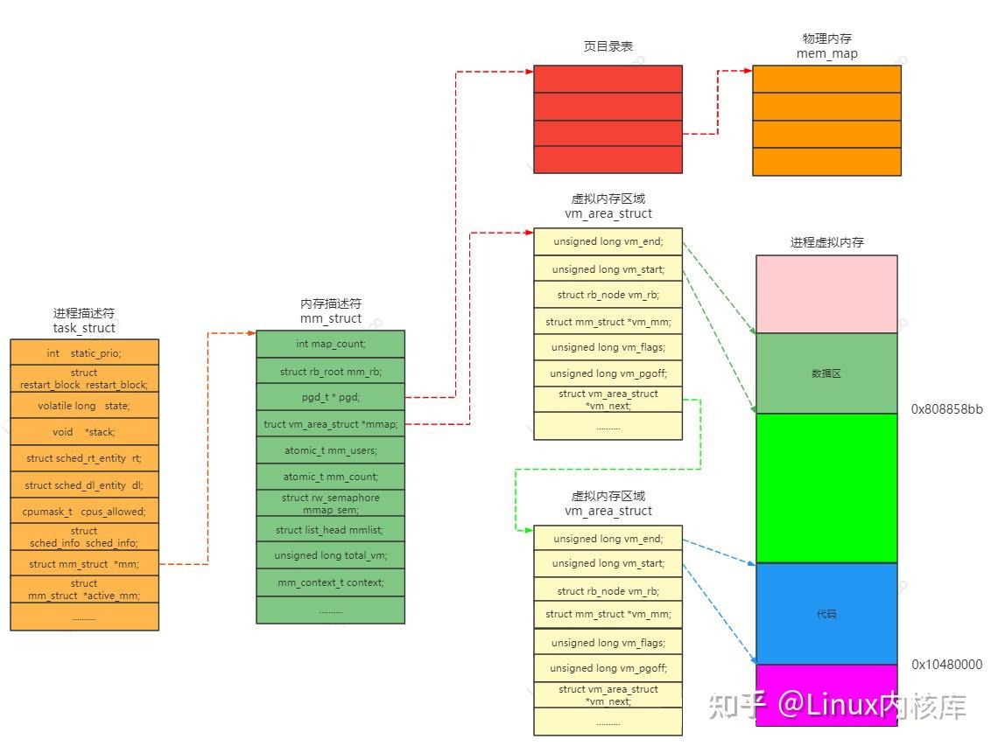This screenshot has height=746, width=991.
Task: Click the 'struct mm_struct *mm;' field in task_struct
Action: click(x=84, y=563)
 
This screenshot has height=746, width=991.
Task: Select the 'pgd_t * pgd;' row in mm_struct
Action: click(x=331, y=397)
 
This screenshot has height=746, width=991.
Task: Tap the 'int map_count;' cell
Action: click(x=331, y=344)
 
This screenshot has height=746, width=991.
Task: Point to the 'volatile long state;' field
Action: click(x=84, y=405)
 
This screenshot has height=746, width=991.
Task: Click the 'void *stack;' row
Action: click(x=84, y=432)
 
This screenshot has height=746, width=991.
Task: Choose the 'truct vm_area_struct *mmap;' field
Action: click(x=331, y=424)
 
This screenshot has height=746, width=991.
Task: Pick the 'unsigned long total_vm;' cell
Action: click(x=331, y=555)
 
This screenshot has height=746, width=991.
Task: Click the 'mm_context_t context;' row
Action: click(x=331, y=582)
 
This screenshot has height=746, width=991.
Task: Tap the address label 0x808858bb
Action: click(x=946, y=409)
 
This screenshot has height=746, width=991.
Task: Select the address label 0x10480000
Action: click(x=946, y=664)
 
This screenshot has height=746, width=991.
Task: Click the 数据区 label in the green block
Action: click(x=826, y=373)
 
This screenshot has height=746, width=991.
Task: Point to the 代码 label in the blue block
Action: click(x=826, y=613)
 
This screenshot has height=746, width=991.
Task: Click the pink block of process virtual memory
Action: click(x=826, y=294)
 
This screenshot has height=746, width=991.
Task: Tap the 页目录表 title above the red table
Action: click(x=608, y=46)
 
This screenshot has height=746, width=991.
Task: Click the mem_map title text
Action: click(x=826, y=53)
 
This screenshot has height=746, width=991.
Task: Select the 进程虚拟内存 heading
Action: click(x=826, y=242)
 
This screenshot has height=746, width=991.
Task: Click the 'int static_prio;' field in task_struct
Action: click(x=84, y=352)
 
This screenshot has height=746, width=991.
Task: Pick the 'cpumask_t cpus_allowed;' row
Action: click(x=84, y=512)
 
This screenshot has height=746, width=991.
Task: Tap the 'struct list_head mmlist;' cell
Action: click(x=331, y=529)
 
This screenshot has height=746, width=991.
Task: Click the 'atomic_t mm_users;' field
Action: click(x=331, y=450)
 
